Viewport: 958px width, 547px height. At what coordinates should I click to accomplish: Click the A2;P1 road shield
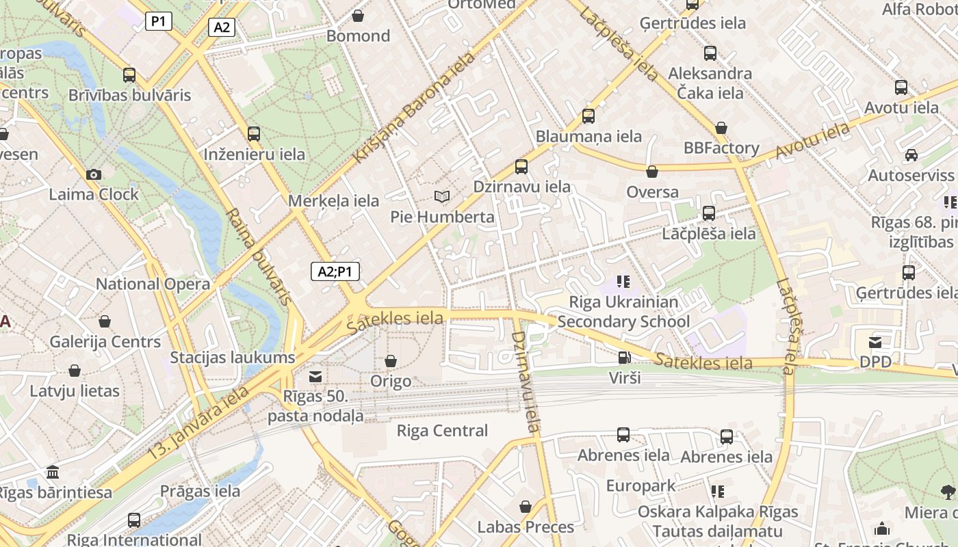click(335, 271)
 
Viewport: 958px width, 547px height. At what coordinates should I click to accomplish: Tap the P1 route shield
click(158, 21)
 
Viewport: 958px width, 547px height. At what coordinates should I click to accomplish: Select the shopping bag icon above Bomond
click(358, 15)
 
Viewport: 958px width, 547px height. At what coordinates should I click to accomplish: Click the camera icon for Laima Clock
click(94, 174)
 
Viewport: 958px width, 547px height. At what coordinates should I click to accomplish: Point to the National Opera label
click(153, 284)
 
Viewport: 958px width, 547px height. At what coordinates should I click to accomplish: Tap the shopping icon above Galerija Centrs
click(105, 321)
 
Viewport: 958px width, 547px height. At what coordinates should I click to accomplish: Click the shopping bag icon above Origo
click(391, 360)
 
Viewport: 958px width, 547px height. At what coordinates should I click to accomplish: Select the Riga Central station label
click(443, 431)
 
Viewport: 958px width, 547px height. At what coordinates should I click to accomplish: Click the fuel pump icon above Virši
click(624, 357)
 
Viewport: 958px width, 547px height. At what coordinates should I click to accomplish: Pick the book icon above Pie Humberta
click(442, 197)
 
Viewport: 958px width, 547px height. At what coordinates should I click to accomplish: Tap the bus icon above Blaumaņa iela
click(588, 116)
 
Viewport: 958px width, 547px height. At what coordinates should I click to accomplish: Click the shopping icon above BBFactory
click(721, 128)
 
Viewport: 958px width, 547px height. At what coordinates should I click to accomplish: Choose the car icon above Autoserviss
click(911, 155)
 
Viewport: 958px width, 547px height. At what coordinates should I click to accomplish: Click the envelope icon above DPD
click(875, 342)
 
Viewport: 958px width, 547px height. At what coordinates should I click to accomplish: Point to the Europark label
click(641, 486)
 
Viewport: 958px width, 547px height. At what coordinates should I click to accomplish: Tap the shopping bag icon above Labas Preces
click(526, 507)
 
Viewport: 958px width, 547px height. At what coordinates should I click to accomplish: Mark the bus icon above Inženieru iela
click(254, 133)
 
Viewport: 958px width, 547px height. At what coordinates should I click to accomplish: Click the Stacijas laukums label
click(233, 357)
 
